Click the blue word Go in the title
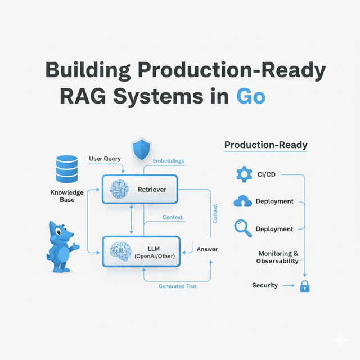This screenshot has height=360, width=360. [x=250, y=96]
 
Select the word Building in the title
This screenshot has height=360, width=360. [x=93, y=70]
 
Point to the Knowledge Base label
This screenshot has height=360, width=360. [x=66, y=196]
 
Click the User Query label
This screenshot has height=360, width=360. [x=105, y=159]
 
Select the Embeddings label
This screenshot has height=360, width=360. [x=168, y=161]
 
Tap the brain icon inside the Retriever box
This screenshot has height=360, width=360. [x=120, y=190]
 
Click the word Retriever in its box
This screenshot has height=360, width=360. [x=152, y=190]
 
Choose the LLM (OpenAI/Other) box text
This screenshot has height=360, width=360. [x=154, y=253]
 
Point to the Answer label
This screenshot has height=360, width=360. [x=206, y=249]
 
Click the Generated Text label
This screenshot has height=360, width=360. [x=178, y=286]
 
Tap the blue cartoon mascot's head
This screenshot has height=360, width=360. [x=59, y=233]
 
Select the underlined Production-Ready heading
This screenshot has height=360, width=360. [x=265, y=145]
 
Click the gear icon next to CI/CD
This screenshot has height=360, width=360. [x=244, y=175]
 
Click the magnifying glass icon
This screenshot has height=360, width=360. [x=242, y=227]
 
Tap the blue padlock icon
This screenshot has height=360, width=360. [x=304, y=286]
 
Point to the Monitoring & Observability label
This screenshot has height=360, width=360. [x=277, y=258]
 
